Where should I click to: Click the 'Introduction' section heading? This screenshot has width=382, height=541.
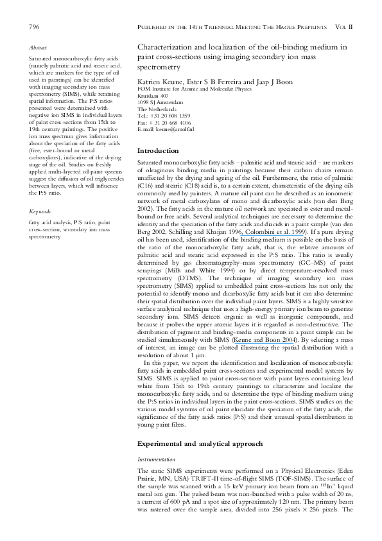coord(159,150)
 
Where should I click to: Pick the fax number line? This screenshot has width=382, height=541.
coord(164,122)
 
